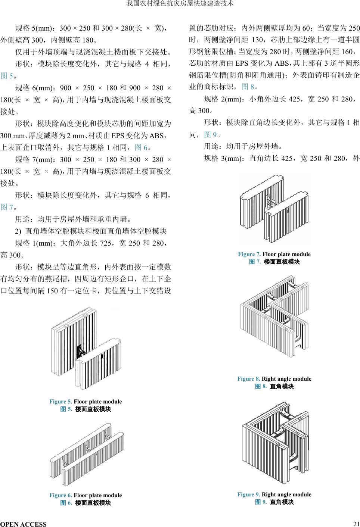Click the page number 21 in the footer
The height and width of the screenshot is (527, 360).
356,523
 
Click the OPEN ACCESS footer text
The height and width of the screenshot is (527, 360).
24,524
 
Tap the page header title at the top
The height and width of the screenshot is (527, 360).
180,4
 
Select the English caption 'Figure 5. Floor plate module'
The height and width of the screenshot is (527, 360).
86,402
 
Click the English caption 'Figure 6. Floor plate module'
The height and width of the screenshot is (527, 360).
86,495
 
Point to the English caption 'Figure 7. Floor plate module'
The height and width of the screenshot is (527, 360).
274,254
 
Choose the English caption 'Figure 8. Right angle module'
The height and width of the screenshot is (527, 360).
274,379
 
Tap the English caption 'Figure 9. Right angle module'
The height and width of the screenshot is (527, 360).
274,495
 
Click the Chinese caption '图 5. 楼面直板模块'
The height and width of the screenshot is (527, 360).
86,409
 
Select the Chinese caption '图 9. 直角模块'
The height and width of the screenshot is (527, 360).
274,502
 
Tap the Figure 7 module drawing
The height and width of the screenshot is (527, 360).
274,211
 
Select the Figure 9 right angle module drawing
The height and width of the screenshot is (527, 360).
275,442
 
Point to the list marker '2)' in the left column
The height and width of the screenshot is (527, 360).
18,231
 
